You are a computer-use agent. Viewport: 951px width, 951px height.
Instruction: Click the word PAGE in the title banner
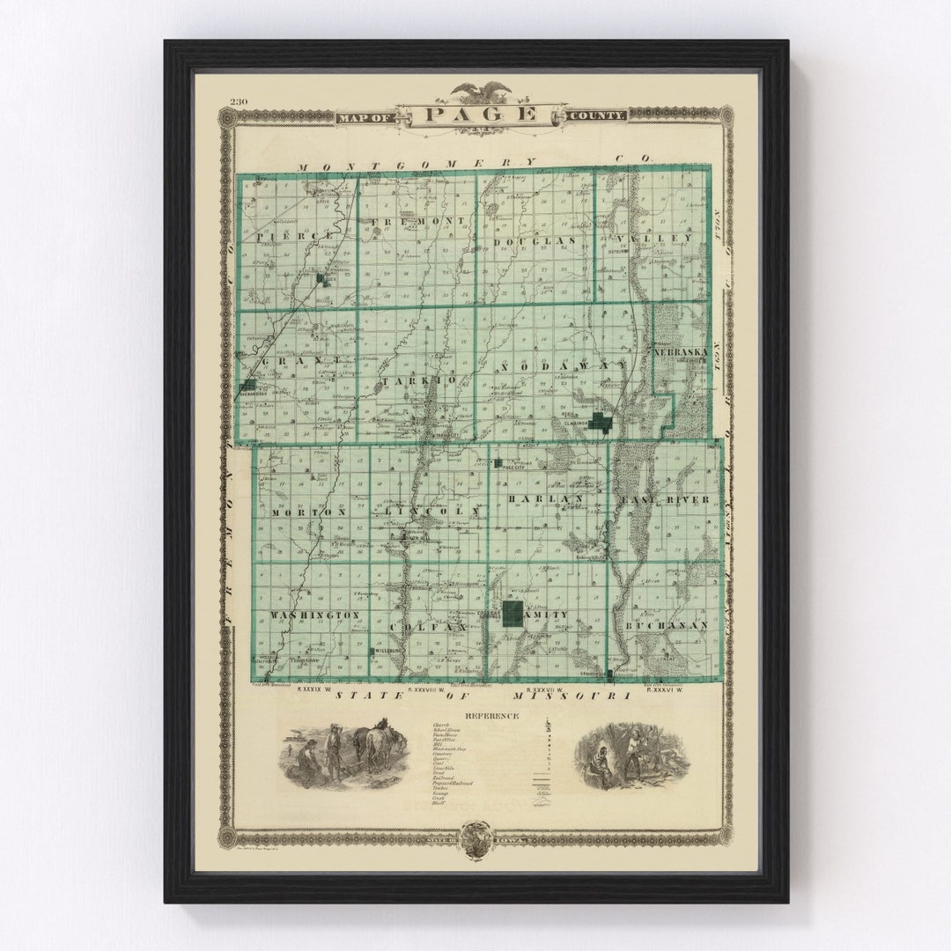coord(481,114)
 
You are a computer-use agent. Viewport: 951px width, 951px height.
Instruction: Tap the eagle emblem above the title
coord(481,91)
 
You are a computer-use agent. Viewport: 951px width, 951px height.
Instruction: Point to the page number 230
coord(239,101)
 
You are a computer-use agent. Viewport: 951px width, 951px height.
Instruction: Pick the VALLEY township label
coord(667,239)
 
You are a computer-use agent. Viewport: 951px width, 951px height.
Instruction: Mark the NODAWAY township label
coord(564,365)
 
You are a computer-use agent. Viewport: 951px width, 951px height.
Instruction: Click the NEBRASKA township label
coord(680,352)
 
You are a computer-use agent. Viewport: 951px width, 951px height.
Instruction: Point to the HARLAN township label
coord(546,499)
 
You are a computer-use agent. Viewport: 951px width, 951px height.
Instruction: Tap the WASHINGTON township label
coord(304,614)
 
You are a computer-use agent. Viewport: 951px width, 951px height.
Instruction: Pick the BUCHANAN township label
coord(667,625)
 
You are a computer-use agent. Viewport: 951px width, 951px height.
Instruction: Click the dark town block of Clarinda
coord(602,421)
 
